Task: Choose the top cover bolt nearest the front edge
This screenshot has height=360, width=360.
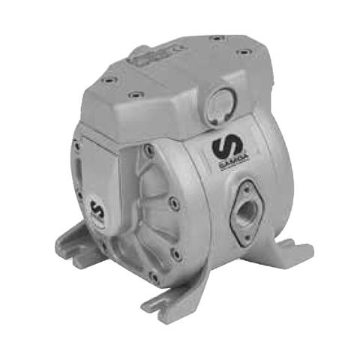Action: point(136,95)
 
